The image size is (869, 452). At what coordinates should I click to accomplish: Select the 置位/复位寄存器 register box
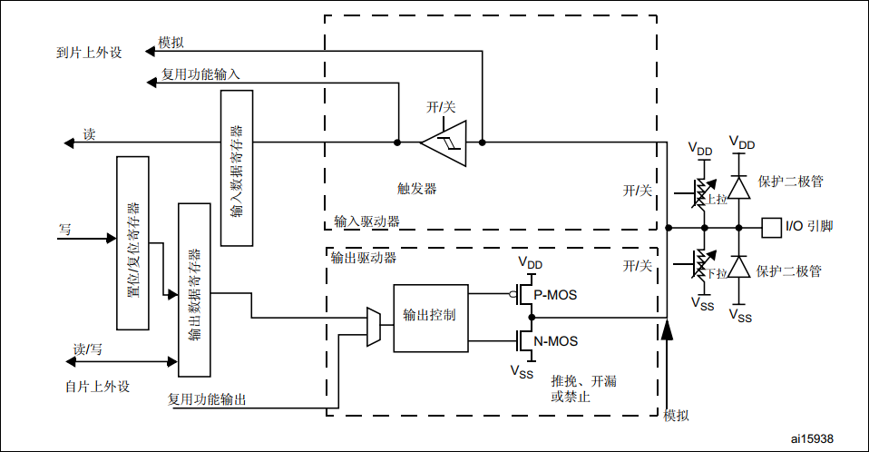pyautogui.click(x=133, y=242)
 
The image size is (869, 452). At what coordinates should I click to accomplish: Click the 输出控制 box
pyautogui.click(x=430, y=318)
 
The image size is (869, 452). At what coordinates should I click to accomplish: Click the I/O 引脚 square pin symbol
pyautogui.click(x=770, y=227)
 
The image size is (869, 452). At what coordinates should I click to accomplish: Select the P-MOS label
pyautogui.click(x=555, y=295)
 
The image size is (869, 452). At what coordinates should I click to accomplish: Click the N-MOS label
pyautogui.click(x=555, y=341)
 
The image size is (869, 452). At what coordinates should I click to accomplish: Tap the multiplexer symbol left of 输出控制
pyautogui.click(x=372, y=327)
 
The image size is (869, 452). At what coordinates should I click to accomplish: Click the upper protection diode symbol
pyautogui.click(x=740, y=186)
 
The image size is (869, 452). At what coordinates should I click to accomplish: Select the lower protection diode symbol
pyautogui.click(x=740, y=267)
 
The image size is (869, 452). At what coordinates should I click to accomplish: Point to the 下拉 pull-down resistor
pyautogui.click(x=699, y=264)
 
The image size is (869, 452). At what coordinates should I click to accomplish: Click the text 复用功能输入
pyautogui.click(x=200, y=74)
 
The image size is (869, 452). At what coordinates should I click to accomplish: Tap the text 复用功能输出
pyautogui.click(x=207, y=398)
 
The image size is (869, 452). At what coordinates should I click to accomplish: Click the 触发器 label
pyautogui.click(x=417, y=189)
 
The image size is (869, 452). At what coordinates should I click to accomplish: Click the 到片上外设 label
pyautogui.click(x=88, y=52)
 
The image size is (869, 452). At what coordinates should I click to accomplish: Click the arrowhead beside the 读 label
pyautogui.click(x=68, y=142)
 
